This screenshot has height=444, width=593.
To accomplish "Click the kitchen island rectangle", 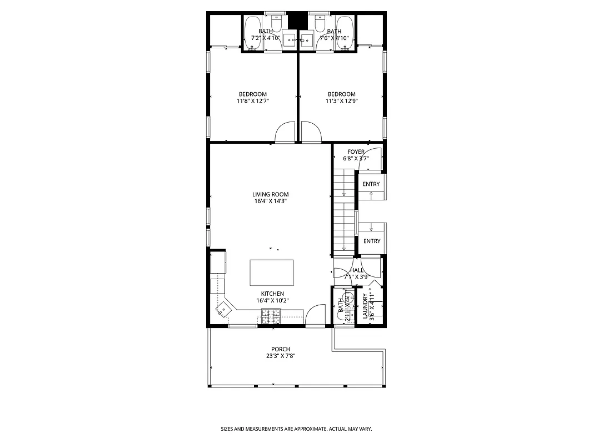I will (272, 272).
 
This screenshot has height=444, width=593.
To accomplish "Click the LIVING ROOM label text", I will (271, 194).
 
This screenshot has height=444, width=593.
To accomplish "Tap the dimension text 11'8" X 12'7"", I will (253, 101).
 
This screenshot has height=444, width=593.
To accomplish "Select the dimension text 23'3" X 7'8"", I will (281, 356).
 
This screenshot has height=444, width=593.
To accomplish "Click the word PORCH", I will (281, 349).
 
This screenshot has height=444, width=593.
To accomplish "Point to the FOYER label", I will (356, 152).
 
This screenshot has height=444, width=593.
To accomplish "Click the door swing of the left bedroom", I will (286, 133).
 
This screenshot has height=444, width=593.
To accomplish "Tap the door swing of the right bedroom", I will (311, 133).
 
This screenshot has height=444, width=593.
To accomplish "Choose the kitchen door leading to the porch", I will (316, 315).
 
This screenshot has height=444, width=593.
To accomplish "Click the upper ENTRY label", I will (371, 184).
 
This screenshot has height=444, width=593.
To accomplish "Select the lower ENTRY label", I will (372, 241).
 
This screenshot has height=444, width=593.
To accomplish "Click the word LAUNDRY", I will (365, 307).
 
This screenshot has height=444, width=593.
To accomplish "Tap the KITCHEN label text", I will (272, 294).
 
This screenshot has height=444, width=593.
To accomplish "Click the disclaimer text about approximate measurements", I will (296, 429).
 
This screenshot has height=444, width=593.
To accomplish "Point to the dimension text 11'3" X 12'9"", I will (341, 101).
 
